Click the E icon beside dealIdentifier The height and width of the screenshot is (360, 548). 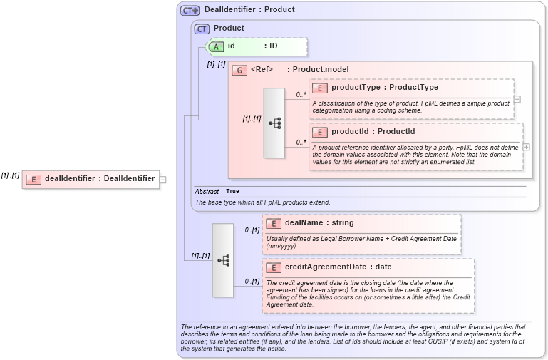click(x=33, y=179)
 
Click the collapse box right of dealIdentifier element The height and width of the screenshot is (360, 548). click(x=162, y=179)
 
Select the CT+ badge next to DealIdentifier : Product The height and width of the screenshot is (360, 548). click(x=190, y=10)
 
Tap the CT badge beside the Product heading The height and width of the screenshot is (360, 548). click(x=202, y=29)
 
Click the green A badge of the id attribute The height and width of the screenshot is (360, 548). click(x=215, y=46)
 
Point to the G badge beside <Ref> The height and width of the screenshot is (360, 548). click(x=239, y=70)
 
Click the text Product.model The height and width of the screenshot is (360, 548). click(x=321, y=70)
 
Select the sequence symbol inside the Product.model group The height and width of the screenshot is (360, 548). click(x=274, y=123)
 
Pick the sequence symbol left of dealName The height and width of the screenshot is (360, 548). click(x=223, y=260)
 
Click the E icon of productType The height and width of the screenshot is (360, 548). click(x=320, y=88)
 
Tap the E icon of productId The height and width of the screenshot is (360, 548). click(x=320, y=132)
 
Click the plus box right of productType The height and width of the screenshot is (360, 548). click(x=517, y=99)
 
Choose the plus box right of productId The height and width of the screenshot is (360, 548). click(x=527, y=147)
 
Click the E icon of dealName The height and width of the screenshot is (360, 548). click(x=274, y=223)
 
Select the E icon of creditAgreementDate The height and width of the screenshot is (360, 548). click(x=274, y=267)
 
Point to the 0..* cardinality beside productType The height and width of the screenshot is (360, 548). click(x=301, y=94)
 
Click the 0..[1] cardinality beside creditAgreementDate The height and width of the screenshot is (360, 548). click(x=252, y=282)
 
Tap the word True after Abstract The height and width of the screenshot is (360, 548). click(x=232, y=191)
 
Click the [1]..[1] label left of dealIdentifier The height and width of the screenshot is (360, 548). click(x=10, y=175)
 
